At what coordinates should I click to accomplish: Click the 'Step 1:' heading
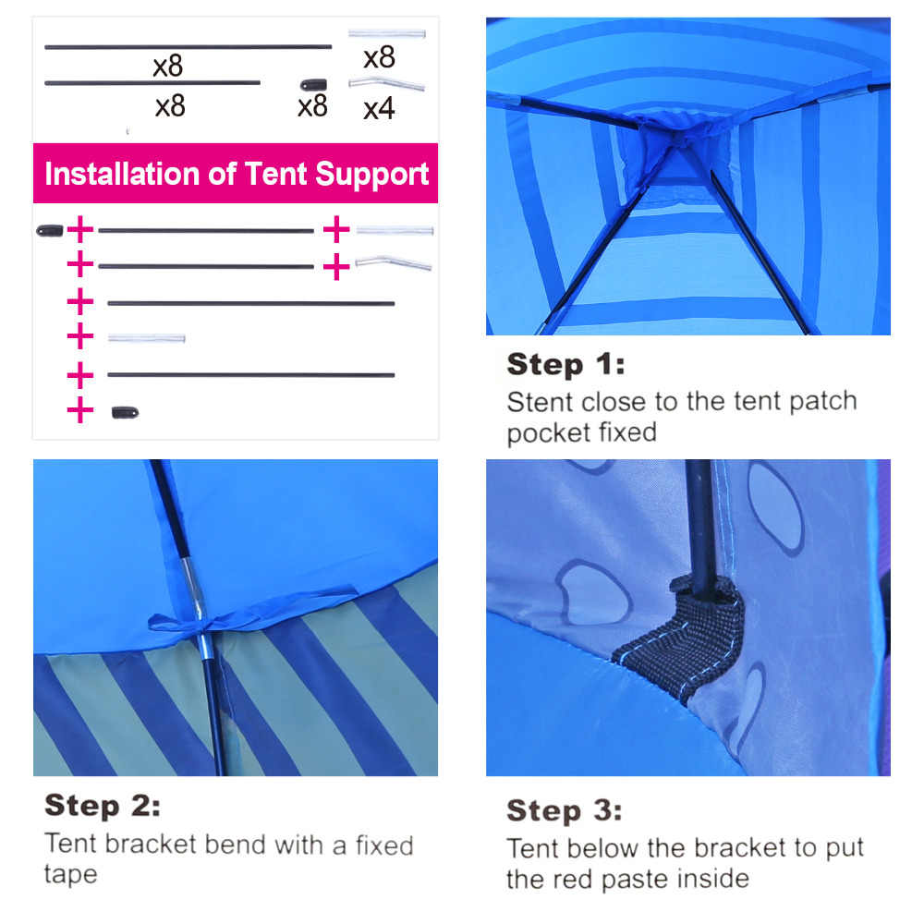point(565,364)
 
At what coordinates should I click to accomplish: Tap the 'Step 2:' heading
point(103,806)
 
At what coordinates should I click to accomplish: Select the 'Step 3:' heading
point(564,810)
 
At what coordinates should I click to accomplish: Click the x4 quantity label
point(379,108)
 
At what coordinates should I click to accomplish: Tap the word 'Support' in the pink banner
point(371,175)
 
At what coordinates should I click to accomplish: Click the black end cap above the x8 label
point(313,85)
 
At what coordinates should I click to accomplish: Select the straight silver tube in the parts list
point(386,33)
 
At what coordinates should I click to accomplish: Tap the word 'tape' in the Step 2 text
point(71,874)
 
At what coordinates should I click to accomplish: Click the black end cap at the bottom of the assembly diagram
point(125,412)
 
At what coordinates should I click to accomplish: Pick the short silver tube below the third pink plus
point(146,338)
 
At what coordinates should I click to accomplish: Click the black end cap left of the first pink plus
point(50,230)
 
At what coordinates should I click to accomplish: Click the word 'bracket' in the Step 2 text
point(151,844)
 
